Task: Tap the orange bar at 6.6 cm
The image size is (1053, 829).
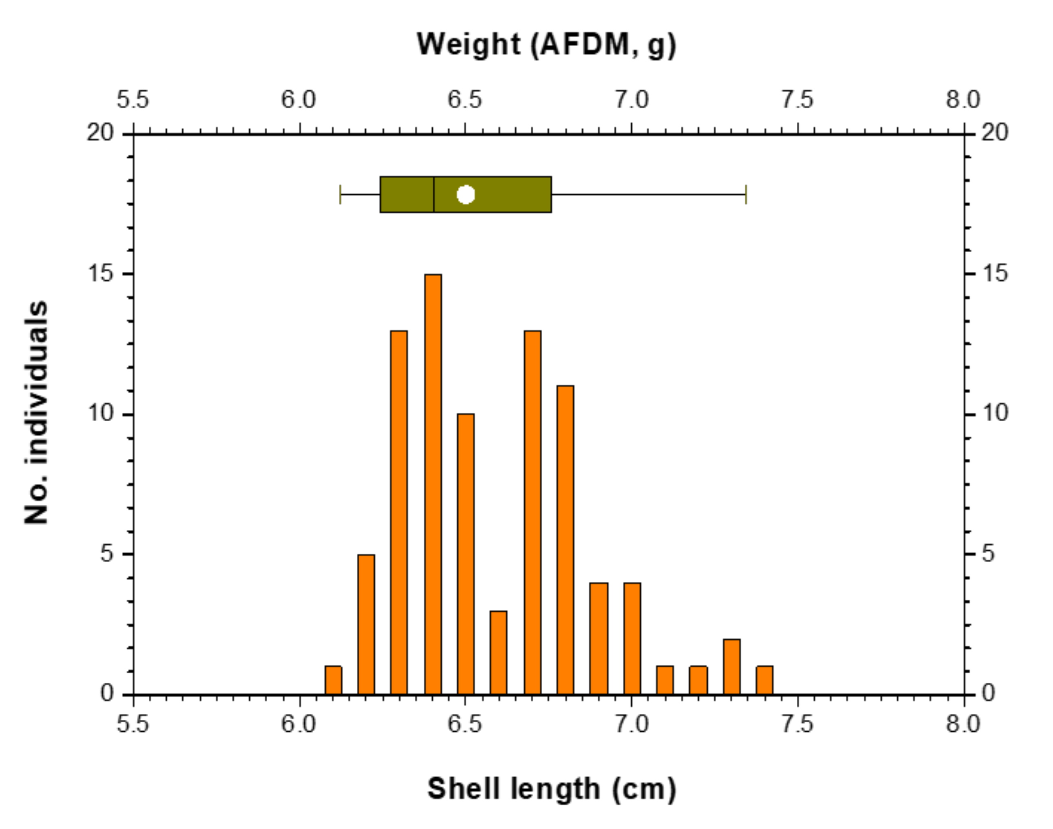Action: pos(498,653)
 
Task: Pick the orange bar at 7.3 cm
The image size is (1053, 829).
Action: pos(732,667)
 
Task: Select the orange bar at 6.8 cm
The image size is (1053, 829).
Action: pos(565,540)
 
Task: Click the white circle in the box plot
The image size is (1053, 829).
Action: pos(466,195)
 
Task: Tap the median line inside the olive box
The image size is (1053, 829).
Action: pos(434,195)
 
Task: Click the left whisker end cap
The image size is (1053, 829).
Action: pos(341,195)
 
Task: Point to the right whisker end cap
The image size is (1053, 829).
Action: pos(746,195)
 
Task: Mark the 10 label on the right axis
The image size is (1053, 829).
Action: pos(994,413)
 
